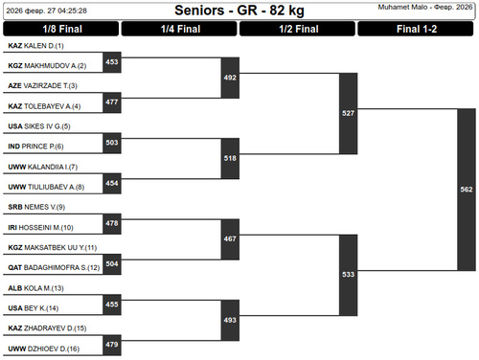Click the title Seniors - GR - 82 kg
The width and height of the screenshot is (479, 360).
(x=239, y=11)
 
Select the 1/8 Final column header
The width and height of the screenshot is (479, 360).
(x=61, y=29)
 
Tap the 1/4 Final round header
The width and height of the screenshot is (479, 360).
(x=179, y=29)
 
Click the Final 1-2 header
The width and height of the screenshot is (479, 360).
(x=416, y=29)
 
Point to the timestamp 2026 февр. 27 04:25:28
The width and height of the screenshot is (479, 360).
(x=47, y=11)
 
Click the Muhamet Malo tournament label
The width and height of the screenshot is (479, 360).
(x=425, y=7)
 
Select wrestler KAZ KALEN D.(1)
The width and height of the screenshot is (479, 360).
(x=35, y=46)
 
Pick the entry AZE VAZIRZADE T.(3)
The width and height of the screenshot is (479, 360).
(x=42, y=86)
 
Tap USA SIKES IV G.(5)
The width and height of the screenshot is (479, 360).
(x=39, y=126)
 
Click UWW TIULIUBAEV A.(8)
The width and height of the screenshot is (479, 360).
(x=46, y=187)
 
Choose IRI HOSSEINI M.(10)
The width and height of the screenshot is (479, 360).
(x=40, y=228)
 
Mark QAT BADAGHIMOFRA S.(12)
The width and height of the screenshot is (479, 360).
(x=54, y=267)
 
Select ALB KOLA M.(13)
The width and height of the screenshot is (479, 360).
(x=35, y=288)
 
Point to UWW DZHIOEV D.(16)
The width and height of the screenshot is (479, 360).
(x=44, y=349)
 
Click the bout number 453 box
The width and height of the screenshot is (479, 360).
(x=112, y=62)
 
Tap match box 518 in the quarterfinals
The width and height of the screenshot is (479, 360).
(x=230, y=158)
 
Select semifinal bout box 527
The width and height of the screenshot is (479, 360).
(x=348, y=113)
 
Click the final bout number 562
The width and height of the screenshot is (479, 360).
(x=467, y=190)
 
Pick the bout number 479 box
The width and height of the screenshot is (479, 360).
(x=112, y=345)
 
